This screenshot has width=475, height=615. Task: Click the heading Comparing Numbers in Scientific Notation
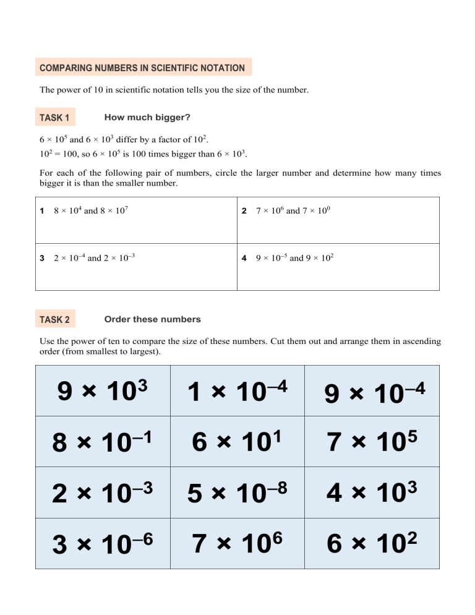coord(143,68)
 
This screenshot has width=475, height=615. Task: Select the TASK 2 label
coord(54,320)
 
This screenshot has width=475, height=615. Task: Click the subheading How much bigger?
coord(147,117)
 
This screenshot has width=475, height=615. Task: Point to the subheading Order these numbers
coord(153,319)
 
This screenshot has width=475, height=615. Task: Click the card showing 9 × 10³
coord(103,390)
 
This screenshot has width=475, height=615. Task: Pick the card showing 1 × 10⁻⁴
coord(237,390)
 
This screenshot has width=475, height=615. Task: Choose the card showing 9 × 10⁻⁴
coord(372,390)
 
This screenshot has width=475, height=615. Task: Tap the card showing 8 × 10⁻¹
coord(103,442)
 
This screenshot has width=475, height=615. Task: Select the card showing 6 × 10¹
coord(237,442)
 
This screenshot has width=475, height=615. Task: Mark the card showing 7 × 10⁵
coord(372,442)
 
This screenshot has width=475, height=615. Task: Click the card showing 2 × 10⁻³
coord(103,492)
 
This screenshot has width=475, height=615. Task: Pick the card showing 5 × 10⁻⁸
coord(237,492)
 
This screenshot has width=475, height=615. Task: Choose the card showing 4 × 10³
coord(372,492)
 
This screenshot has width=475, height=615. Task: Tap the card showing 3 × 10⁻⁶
coord(103,544)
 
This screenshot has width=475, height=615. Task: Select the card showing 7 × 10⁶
coord(237,544)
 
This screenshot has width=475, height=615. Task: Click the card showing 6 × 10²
coord(372,544)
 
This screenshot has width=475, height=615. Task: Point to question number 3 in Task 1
coord(42,258)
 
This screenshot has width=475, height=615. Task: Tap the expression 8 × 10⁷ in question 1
coord(114,211)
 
